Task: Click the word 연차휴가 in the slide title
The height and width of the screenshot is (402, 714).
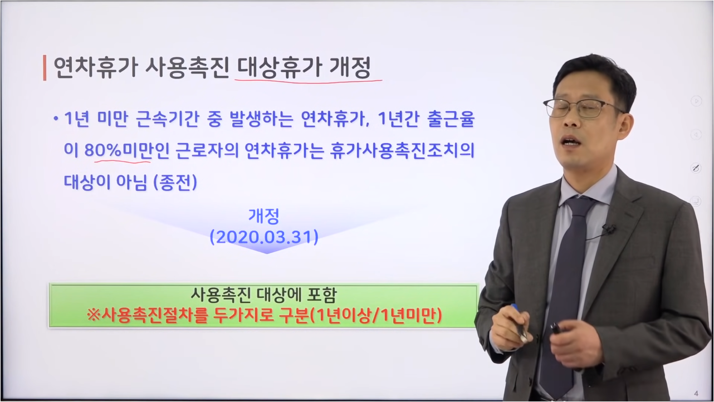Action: pyautogui.click(x=96, y=68)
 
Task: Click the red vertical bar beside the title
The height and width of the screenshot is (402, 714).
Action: pyautogui.click(x=45, y=68)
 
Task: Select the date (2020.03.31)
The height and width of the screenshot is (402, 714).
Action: pyautogui.click(x=264, y=237)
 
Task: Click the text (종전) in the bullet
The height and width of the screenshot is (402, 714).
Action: pyautogui.click(x=175, y=182)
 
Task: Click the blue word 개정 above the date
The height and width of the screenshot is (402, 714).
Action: pyautogui.click(x=264, y=216)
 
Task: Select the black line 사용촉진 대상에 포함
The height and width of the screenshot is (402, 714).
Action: pyautogui.click(x=263, y=295)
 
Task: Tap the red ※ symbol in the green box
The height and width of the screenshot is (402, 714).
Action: pyautogui.click(x=94, y=316)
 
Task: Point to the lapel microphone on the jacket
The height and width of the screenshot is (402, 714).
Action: pyautogui.click(x=609, y=229)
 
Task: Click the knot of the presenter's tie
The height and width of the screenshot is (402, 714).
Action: pyautogui.click(x=579, y=209)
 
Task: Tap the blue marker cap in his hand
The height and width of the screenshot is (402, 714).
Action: pyautogui.click(x=515, y=308)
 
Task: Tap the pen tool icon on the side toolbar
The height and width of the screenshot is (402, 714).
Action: pyautogui.click(x=696, y=168)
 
